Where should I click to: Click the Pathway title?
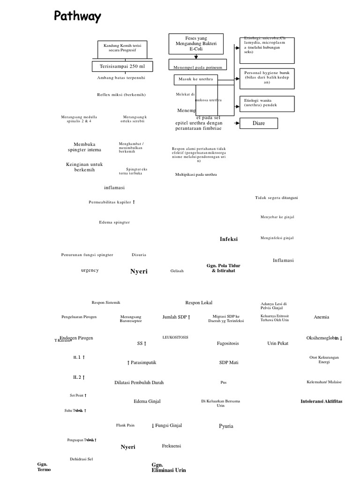[77, 17]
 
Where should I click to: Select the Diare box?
[259, 124]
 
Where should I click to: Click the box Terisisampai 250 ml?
[122, 66]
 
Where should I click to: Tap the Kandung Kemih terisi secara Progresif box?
[122, 47]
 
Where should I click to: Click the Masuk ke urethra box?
[196, 79]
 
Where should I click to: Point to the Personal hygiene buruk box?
[267, 78]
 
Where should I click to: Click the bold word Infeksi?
[229, 239]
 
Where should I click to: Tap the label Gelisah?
[177, 271]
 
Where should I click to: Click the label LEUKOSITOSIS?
[175, 337]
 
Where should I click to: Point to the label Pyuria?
[226, 426]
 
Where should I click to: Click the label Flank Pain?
[125, 425]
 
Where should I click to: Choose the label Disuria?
[139, 255]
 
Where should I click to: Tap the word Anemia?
[322, 317]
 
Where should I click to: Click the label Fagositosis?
[228, 344]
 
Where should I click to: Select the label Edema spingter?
[114, 222]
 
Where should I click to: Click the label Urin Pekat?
[278, 344]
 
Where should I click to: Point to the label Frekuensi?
[172, 446]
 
